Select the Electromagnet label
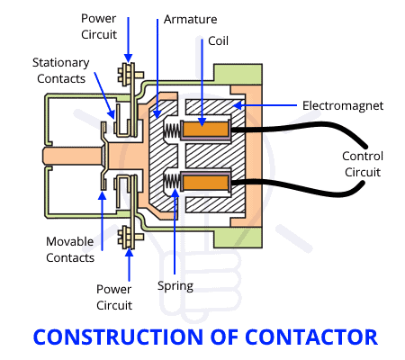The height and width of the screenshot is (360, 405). click(x=355, y=105)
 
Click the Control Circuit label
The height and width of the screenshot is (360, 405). click(x=363, y=164)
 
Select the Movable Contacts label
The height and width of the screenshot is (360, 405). click(x=70, y=249)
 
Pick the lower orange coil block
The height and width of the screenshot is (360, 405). click(x=207, y=183)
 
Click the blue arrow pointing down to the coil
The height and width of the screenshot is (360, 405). click(x=203, y=85)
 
